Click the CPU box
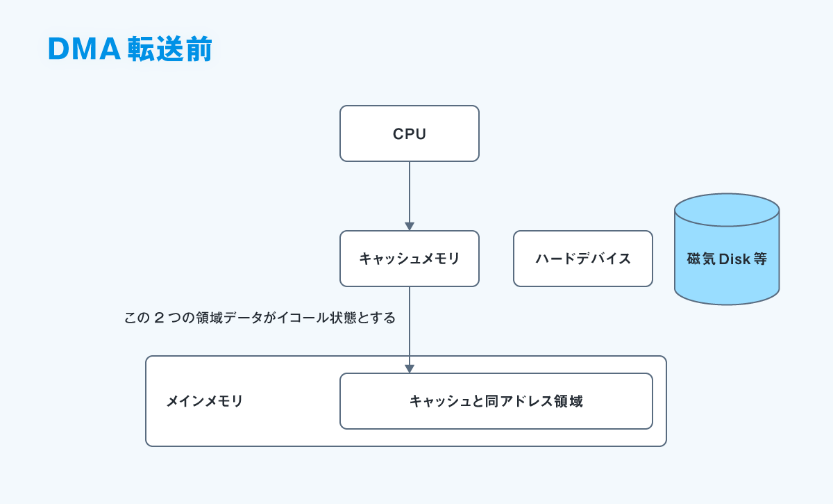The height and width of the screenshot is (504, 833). click(410, 133)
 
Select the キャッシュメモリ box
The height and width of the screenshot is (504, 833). click(410, 259)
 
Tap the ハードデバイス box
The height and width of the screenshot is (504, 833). click(582, 259)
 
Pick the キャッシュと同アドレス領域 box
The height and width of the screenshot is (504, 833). click(496, 401)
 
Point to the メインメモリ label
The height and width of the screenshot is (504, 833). click(204, 401)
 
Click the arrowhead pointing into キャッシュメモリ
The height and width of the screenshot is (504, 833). click(410, 226)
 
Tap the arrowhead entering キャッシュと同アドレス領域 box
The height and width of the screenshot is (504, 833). click(410, 368)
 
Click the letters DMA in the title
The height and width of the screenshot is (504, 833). click(85, 49)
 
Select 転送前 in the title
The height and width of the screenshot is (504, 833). click(170, 49)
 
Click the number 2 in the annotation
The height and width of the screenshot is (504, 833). click(159, 318)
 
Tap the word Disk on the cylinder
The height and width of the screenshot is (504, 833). click(734, 259)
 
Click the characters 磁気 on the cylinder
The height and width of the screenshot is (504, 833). click(701, 259)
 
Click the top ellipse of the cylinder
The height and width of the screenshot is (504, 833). click(727, 210)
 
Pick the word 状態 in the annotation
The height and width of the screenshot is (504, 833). click(343, 318)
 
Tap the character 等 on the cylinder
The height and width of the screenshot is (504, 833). click(760, 259)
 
